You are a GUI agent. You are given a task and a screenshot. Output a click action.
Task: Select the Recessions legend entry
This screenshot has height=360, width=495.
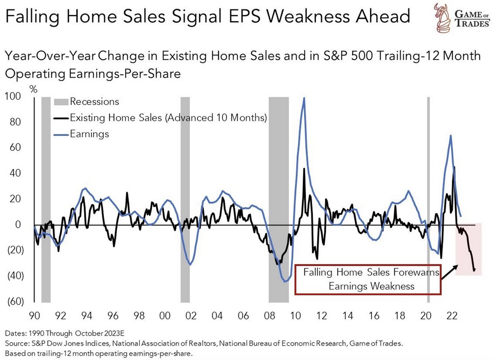[94, 102]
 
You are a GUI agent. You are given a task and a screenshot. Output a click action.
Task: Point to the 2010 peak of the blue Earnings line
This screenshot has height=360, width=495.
[304, 98]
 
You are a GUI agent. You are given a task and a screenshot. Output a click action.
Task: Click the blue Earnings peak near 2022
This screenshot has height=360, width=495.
[450, 135]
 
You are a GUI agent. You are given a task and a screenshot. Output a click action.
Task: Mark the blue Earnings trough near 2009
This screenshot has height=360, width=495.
[285, 282]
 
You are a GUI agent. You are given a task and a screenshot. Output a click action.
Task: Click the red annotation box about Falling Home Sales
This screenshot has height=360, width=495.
[368, 279]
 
